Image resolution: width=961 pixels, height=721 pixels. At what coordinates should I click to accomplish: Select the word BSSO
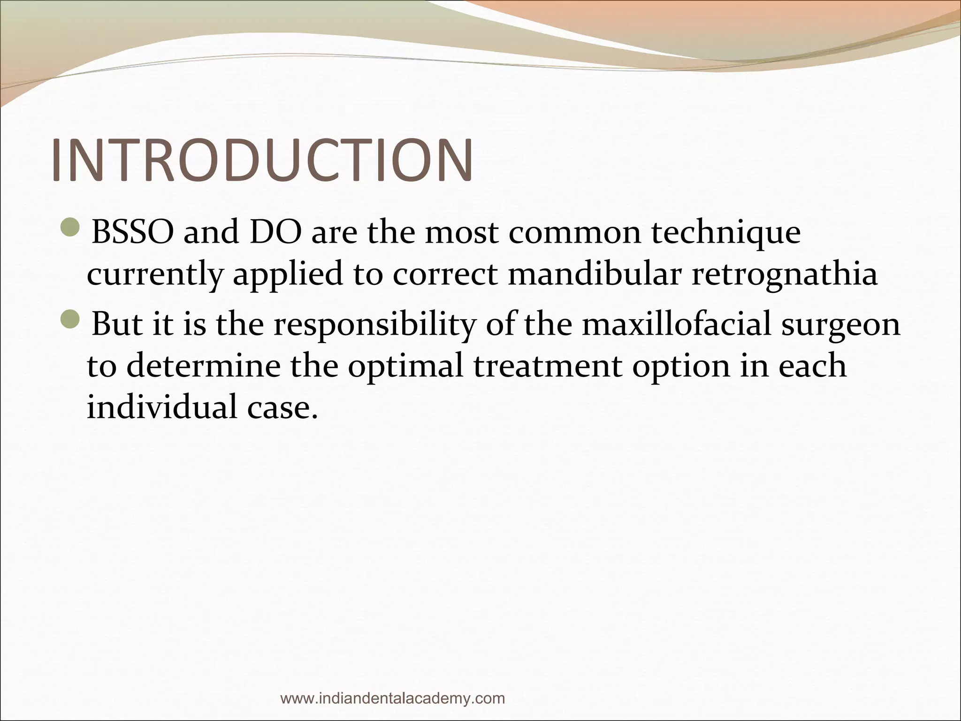point(132,232)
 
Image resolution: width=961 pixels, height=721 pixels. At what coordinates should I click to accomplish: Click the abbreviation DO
point(276,232)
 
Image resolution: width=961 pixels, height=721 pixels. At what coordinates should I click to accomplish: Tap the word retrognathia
point(785,276)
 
